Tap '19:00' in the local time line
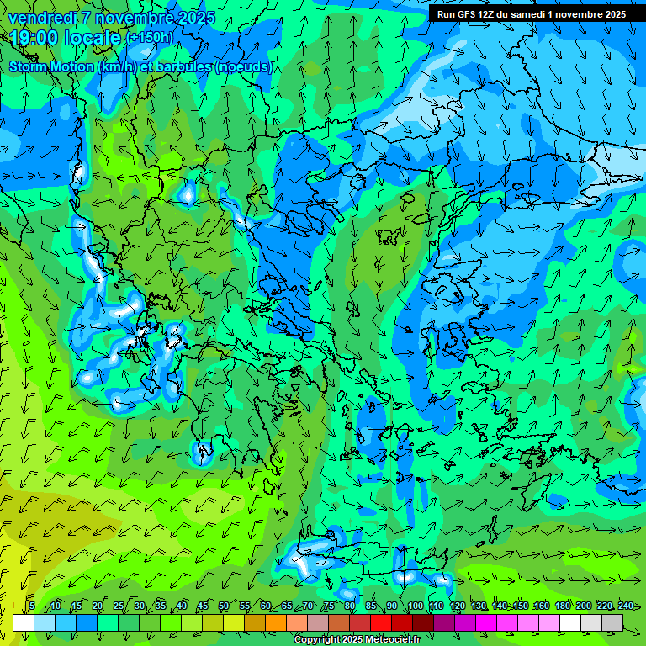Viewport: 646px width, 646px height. (34, 38)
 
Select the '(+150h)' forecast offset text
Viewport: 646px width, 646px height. (149, 38)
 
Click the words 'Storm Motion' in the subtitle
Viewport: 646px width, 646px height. (50, 66)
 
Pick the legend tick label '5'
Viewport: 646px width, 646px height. (32, 606)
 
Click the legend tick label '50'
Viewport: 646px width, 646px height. (223, 606)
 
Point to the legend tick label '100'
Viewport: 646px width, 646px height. (415, 606)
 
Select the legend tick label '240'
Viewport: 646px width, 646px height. (625, 606)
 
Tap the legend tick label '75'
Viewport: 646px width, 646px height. (329, 606)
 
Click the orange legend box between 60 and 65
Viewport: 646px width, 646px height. (276, 622)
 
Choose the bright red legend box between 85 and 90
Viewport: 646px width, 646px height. (381, 622)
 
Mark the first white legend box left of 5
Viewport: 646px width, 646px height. (24, 622)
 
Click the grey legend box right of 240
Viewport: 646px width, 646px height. (612, 622)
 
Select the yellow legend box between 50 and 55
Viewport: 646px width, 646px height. (234, 622)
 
